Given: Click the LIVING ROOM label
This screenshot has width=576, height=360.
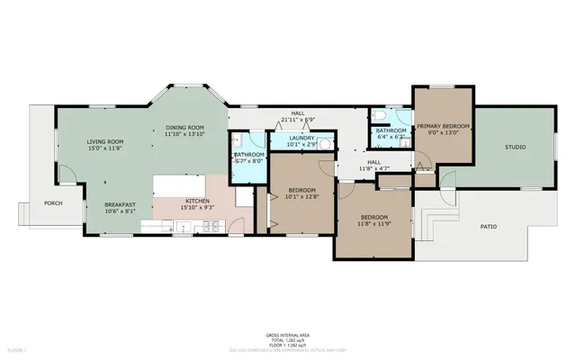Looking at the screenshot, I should (104, 142).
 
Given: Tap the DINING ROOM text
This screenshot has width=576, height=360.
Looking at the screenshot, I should (185, 128).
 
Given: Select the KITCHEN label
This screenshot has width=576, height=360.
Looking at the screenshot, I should (197, 200).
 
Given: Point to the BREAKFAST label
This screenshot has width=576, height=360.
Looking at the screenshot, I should (119, 205).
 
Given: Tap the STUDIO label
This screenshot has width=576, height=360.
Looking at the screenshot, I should (515, 146).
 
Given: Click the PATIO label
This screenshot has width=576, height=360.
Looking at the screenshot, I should (488, 227).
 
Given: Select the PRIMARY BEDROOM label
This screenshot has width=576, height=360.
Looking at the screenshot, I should (443, 126).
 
